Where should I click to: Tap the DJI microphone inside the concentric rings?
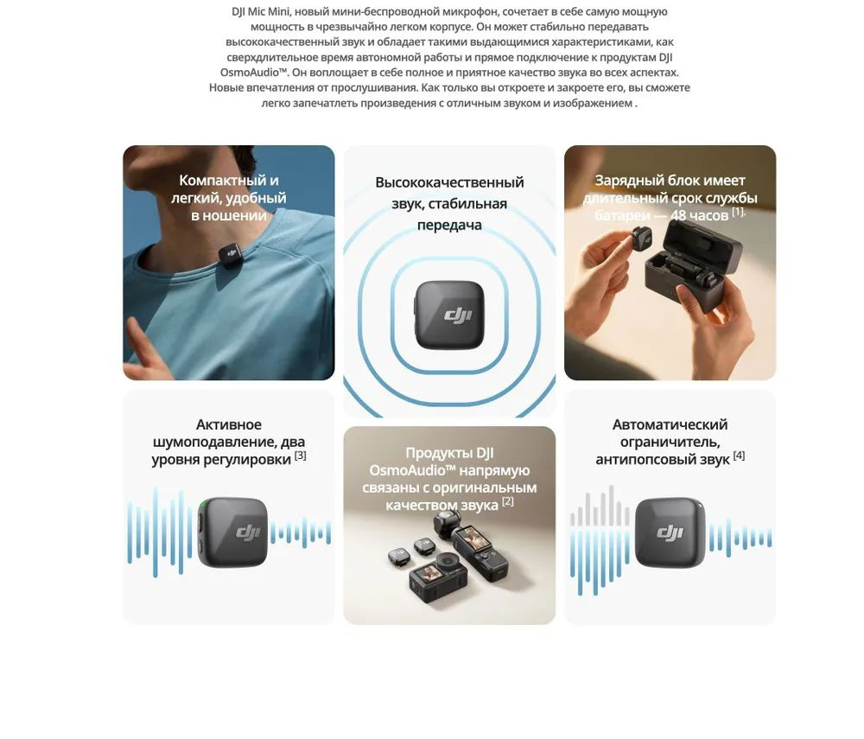coord(449,315)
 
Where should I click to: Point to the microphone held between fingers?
coord(640,239)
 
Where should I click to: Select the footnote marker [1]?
coord(738,212)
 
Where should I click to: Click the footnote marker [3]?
coord(300,456)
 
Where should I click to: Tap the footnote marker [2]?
coord(507,501)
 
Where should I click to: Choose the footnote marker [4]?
coord(739,456)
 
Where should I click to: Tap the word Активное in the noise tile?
coord(228,424)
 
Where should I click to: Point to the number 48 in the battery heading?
coord(678,215)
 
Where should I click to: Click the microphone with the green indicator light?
coord(232,532)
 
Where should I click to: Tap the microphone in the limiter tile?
coord(670,532)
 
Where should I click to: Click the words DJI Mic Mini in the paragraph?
coord(260,12)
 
